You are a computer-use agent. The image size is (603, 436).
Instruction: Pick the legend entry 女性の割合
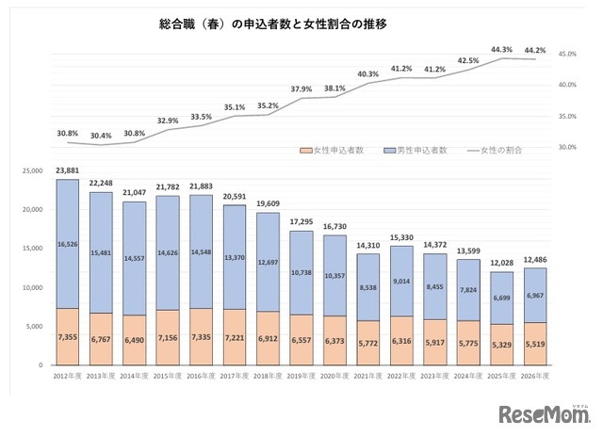[x=495, y=150]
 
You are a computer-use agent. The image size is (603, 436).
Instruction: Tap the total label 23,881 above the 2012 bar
[x=67, y=170]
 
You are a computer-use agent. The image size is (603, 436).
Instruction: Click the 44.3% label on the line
[x=501, y=49]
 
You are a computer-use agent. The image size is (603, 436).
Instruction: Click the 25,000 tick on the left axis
[x=31, y=171]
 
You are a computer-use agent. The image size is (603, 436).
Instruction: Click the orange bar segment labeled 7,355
[x=67, y=336]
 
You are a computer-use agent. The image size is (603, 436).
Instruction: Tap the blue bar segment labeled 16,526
[x=67, y=244]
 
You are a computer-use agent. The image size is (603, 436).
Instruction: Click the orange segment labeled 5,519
[x=535, y=344]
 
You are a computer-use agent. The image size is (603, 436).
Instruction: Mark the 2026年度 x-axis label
[x=535, y=375]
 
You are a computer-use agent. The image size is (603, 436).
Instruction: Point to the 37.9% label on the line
[x=301, y=89]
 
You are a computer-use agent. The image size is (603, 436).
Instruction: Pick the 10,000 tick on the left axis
[x=31, y=287]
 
